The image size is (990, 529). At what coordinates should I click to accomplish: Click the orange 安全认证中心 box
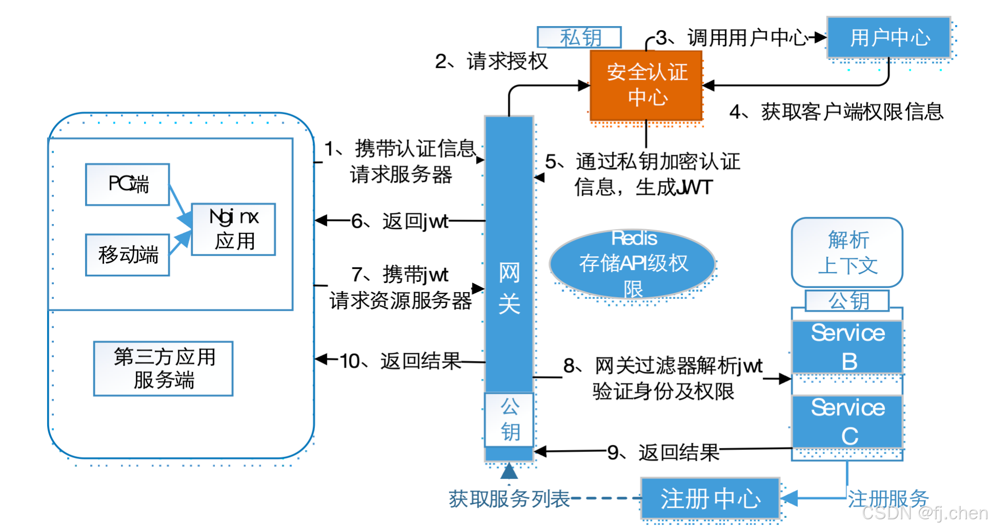coord(646,85)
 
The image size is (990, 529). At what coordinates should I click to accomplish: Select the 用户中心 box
coord(889,37)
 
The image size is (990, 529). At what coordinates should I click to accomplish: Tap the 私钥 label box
coord(579,37)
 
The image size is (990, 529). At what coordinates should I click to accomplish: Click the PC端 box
coord(127,185)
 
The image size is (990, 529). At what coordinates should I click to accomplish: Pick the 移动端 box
coord(127,255)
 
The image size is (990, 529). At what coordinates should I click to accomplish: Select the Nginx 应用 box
coord(233,229)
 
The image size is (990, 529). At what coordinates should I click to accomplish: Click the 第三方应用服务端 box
coord(163,369)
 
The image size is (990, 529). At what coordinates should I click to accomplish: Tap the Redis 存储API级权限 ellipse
coord(632,263)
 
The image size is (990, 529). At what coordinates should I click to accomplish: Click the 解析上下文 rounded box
coord(847,252)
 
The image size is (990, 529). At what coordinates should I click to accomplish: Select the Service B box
coord(847,347)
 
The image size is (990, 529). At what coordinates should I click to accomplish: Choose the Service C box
coord(847,421)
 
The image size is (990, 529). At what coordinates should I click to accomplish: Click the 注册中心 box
coord(710,499)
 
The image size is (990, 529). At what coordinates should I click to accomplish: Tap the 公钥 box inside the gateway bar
coord(509,419)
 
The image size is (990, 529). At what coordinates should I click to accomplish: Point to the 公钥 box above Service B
coord(847,301)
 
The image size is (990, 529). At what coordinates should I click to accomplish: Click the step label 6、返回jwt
coord(400,221)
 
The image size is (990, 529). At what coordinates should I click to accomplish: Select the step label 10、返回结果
coord(400,361)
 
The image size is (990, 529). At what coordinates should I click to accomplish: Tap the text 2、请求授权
coord(491,62)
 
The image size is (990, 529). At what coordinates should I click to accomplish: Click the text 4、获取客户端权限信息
coord(836,112)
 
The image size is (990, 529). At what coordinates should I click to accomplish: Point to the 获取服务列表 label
coord(509,499)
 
